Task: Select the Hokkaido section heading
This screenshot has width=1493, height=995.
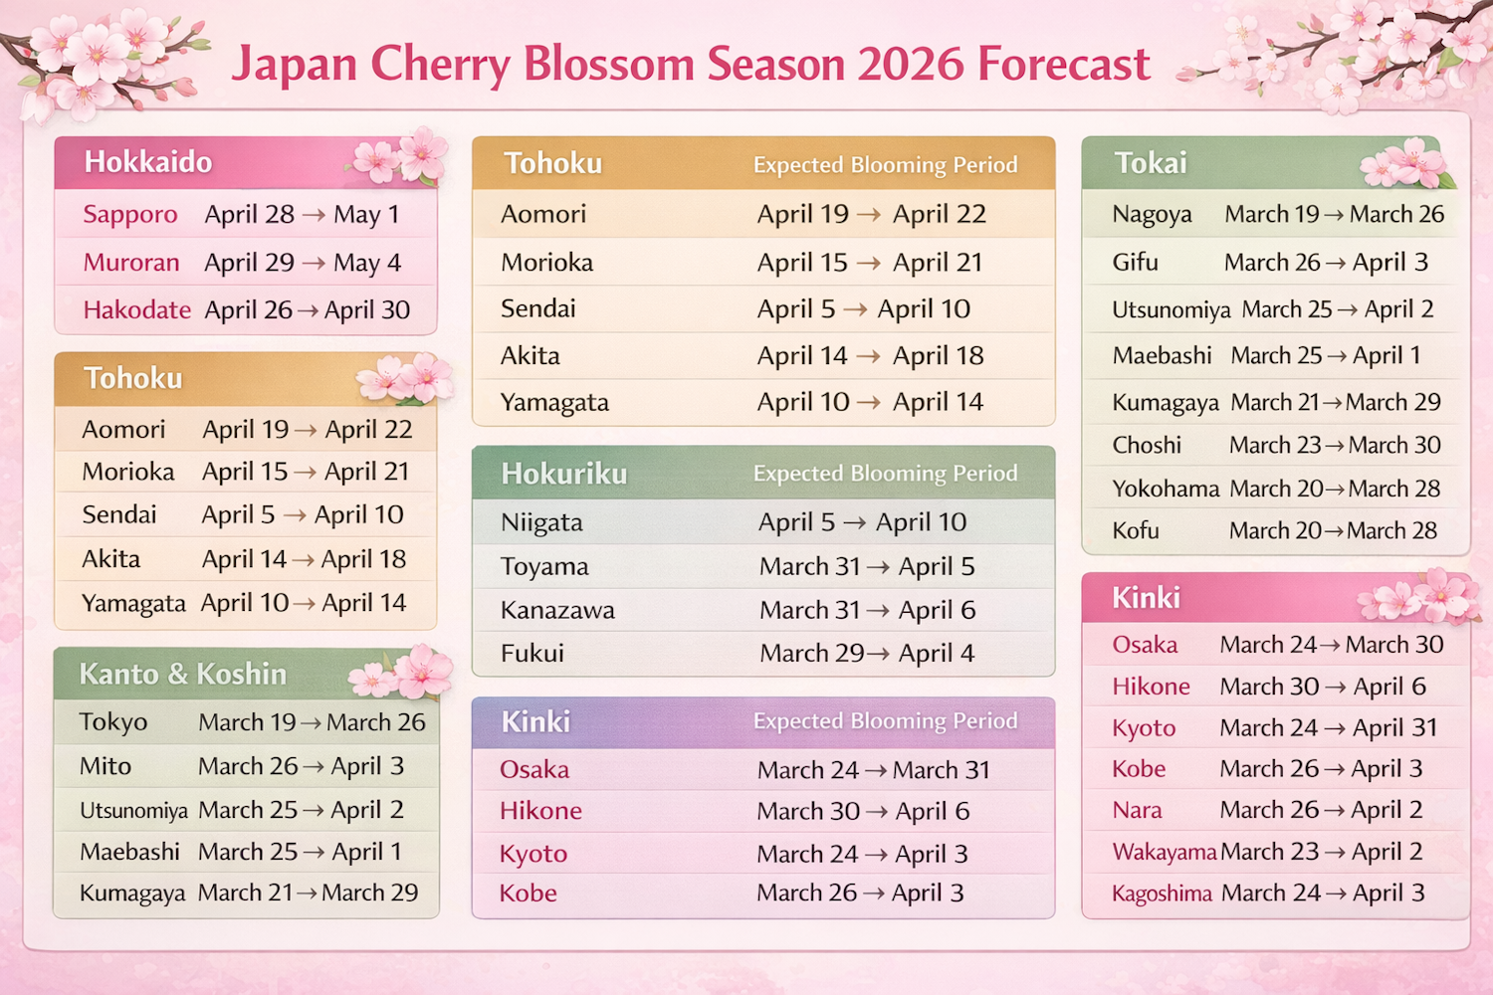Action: (x=148, y=162)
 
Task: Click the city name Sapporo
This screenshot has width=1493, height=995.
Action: (x=130, y=215)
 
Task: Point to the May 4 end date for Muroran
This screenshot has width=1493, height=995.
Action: (x=367, y=263)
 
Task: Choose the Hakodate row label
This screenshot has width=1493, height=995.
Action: (x=137, y=310)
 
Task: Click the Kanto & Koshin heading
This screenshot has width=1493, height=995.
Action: (x=183, y=675)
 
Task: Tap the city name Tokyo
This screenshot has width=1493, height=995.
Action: (x=113, y=722)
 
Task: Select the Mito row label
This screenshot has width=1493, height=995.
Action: (x=106, y=766)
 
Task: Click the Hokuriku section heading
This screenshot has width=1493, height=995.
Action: (x=564, y=474)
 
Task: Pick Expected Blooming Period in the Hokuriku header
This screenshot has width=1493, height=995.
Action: (x=885, y=474)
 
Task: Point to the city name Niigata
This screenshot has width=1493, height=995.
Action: (x=541, y=522)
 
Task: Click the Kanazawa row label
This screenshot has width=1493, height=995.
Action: (x=557, y=610)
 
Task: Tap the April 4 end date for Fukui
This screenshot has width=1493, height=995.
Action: (x=937, y=654)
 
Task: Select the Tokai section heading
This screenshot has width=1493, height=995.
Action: (x=1151, y=163)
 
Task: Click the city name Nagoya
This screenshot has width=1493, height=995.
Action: (x=1153, y=215)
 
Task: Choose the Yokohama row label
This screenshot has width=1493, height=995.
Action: (x=1166, y=489)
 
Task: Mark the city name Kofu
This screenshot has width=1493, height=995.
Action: (x=1136, y=531)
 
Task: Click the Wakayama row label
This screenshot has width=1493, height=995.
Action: (x=1165, y=853)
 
